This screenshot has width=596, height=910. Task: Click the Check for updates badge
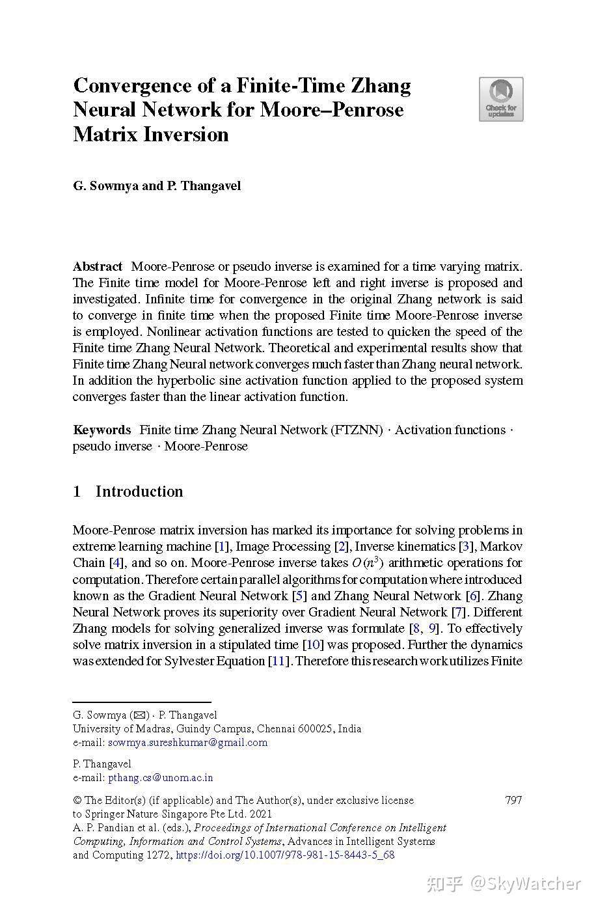point(500,99)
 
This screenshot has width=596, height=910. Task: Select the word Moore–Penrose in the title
point(332,110)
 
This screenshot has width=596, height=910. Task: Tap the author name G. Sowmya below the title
point(105,186)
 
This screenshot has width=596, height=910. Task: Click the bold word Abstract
point(98,267)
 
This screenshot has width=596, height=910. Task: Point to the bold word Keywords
point(102,430)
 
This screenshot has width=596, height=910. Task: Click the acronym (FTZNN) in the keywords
point(357,430)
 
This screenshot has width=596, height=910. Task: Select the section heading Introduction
point(139,491)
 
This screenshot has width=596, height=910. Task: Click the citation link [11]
point(278,661)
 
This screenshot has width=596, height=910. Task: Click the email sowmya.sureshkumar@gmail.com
point(187,743)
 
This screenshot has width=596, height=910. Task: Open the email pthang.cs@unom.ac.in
point(160,778)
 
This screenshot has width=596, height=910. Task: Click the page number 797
point(513,801)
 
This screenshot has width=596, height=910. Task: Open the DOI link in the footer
point(285,855)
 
